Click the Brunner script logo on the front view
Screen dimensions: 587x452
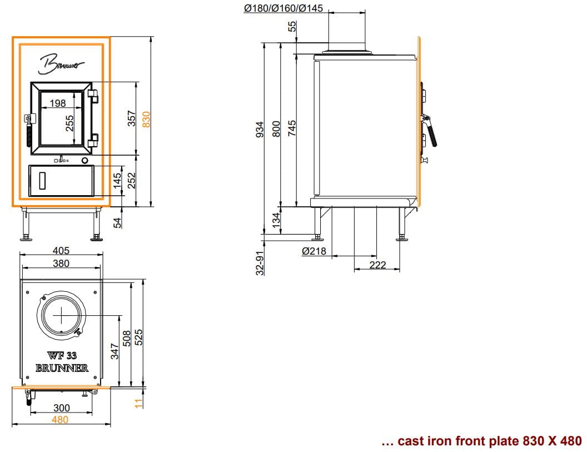(x=61, y=64)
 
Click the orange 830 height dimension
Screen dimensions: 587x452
(x=146, y=120)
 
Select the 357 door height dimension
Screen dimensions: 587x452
(x=131, y=118)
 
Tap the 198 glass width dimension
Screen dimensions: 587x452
(x=58, y=103)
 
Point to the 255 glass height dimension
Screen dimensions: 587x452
(x=70, y=123)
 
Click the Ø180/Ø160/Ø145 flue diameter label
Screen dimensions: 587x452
(x=283, y=8)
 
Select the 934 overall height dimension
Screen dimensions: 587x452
(x=260, y=129)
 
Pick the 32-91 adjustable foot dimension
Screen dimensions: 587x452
(x=260, y=263)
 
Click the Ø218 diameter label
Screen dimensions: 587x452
(x=314, y=251)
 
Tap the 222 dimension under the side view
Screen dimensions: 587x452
(x=377, y=265)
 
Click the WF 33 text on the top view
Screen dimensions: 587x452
(x=62, y=355)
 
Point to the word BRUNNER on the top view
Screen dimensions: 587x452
(x=62, y=368)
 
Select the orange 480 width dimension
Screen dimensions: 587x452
(x=60, y=420)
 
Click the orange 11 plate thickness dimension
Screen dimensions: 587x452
(x=139, y=403)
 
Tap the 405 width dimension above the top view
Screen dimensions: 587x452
(x=61, y=250)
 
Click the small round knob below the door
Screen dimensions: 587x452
(x=85, y=161)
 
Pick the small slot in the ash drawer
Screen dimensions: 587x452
(x=42, y=181)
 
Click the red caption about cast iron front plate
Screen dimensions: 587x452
(x=481, y=441)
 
